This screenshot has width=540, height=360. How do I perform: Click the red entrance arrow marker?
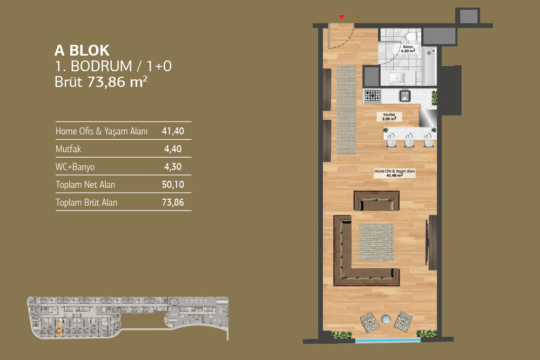(x=341, y=17)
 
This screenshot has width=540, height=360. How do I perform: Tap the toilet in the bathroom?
(x=411, y=36)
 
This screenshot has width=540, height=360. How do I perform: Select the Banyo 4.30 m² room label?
(x=408, y=49)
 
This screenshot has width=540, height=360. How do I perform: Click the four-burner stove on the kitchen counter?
(x=373, y=96)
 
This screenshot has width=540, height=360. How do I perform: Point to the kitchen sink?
(x=404, y=96)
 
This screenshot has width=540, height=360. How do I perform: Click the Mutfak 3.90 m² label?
(x=389, y=117)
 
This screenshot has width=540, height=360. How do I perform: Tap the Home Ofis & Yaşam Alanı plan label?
(x=395, y=173)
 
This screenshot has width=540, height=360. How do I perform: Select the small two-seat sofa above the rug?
(x=376, y=201)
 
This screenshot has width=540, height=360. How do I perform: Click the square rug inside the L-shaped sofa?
(x=376, y=242)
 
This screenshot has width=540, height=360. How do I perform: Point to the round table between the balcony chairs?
(x=386, y=319)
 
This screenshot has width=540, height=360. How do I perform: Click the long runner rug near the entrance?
(x=346, y=110)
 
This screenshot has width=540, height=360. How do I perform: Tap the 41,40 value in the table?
(x=173, y=131)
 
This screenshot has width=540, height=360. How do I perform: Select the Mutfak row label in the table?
(x=68, y=148)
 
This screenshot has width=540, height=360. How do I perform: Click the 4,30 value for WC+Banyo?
(x=173, y=167)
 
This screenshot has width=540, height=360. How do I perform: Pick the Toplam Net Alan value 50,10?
(x=173, y=185)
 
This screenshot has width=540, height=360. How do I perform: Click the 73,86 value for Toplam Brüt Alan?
(x=173, y=202)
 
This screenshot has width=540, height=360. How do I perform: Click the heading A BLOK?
(x=82, y=51)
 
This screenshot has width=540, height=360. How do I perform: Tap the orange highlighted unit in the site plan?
(x=59, y=327)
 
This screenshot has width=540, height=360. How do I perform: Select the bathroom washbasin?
(x=397, y=78)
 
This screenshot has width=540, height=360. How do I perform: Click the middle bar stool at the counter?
(x=409, y=140)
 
